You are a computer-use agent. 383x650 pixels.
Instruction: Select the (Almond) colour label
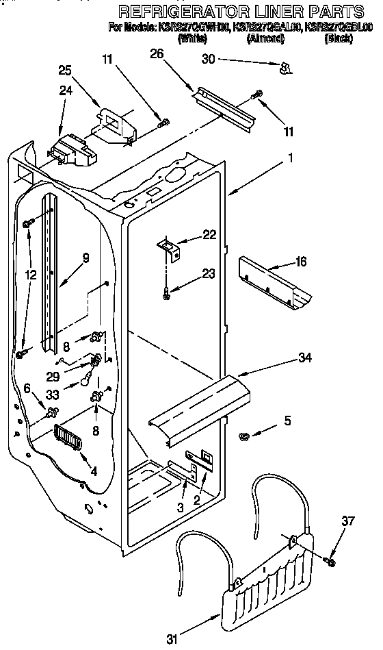click(265, 39)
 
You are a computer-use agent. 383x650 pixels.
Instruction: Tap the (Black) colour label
click(338, 39)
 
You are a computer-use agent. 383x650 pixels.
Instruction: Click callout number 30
click(209, 60)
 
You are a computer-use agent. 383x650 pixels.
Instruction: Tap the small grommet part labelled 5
click(243, 436)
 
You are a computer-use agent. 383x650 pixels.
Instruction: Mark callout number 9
click(85, 258)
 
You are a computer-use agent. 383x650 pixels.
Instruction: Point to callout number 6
click(27, 387)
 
